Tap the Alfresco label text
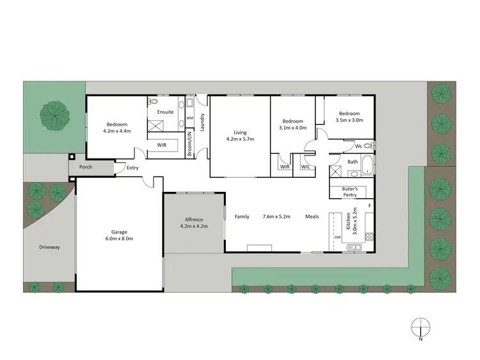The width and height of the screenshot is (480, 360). (x=194, y=219)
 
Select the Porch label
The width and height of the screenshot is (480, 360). (x=85, y=168)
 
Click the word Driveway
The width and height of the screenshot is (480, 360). (x=49, y=247)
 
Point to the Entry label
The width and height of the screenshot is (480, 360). (x=132, y=168)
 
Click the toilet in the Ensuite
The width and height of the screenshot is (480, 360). (x=154, y=102)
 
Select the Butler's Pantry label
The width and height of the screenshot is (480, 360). (x=349, y=191)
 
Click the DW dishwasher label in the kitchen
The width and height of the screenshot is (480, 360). (x=337, y=237)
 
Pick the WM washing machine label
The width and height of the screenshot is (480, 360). (x=190, y=118)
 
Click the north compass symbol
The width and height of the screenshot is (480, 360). (x=420, y=327)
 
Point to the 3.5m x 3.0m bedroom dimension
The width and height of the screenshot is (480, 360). (x=350, y=120)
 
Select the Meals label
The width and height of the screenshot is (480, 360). (x=312, y=217)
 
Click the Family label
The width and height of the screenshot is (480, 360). (x=242, y=217)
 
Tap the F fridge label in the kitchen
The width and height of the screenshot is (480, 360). (x=370, y=206)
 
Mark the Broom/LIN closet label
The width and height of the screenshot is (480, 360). (x=189, y=144)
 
